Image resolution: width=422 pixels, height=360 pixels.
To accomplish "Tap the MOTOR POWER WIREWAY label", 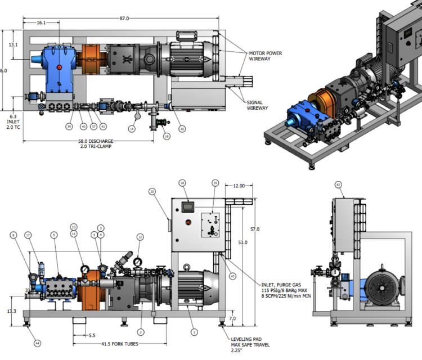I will tap(266, 56).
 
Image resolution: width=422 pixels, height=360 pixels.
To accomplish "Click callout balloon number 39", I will tap(69, 127).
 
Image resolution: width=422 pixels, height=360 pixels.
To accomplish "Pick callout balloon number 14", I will tap(132, 129).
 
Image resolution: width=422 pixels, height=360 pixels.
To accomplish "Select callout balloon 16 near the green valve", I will tap(166, 136).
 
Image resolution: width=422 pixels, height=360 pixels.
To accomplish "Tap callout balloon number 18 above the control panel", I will tap(182, 183).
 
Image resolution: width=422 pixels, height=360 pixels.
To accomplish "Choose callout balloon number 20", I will tap(152, 191).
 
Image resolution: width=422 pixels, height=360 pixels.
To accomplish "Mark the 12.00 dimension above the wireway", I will tap(239, 185).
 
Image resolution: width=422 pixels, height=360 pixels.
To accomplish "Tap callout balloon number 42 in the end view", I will tap(338, 184).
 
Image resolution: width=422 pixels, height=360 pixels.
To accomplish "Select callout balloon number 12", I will tap(140, 237).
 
